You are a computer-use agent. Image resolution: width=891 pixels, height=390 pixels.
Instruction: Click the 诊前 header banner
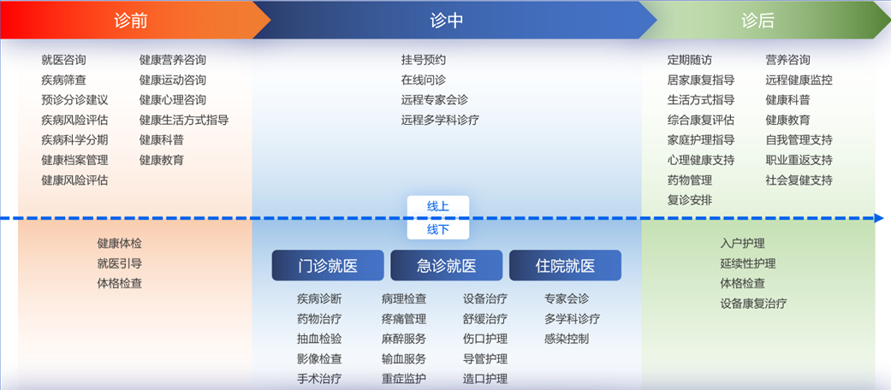[x=131, y=21]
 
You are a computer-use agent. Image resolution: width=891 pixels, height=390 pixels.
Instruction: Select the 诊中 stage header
[x=447, y=21]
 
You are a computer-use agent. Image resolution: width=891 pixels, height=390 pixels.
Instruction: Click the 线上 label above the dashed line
[x=438, y=206]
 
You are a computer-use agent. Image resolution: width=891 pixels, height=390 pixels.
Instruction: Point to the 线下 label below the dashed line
[x=438, y=229]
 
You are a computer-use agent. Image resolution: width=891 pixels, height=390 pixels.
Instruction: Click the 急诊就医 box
[x=447, y=266]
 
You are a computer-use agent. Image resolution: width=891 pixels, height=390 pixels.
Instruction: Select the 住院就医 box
[x=566, y=266]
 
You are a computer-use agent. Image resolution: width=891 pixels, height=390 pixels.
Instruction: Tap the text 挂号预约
[x=424, y=60]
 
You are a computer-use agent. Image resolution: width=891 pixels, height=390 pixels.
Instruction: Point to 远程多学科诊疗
[x=441, y=120]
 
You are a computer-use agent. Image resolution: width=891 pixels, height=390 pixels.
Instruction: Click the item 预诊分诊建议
[x=74, y=100]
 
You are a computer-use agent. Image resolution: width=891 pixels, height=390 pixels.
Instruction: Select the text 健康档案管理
[x=74, y=160]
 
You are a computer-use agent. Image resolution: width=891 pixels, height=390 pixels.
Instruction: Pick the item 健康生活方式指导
[x=184, y=120]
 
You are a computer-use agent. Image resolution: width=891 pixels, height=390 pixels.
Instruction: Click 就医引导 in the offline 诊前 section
[x=119, y=263]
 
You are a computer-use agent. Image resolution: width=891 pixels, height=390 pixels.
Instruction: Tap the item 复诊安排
[x=690, y=200]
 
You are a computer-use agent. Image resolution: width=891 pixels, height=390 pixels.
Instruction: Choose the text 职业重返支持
[x=799, y=160]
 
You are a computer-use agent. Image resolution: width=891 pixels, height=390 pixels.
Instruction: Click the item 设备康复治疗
[x=753, y=303]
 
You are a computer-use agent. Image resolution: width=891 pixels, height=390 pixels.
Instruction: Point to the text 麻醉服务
[x=404, y=339]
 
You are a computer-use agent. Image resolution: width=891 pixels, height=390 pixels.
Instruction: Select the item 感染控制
[x=567, y=339]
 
